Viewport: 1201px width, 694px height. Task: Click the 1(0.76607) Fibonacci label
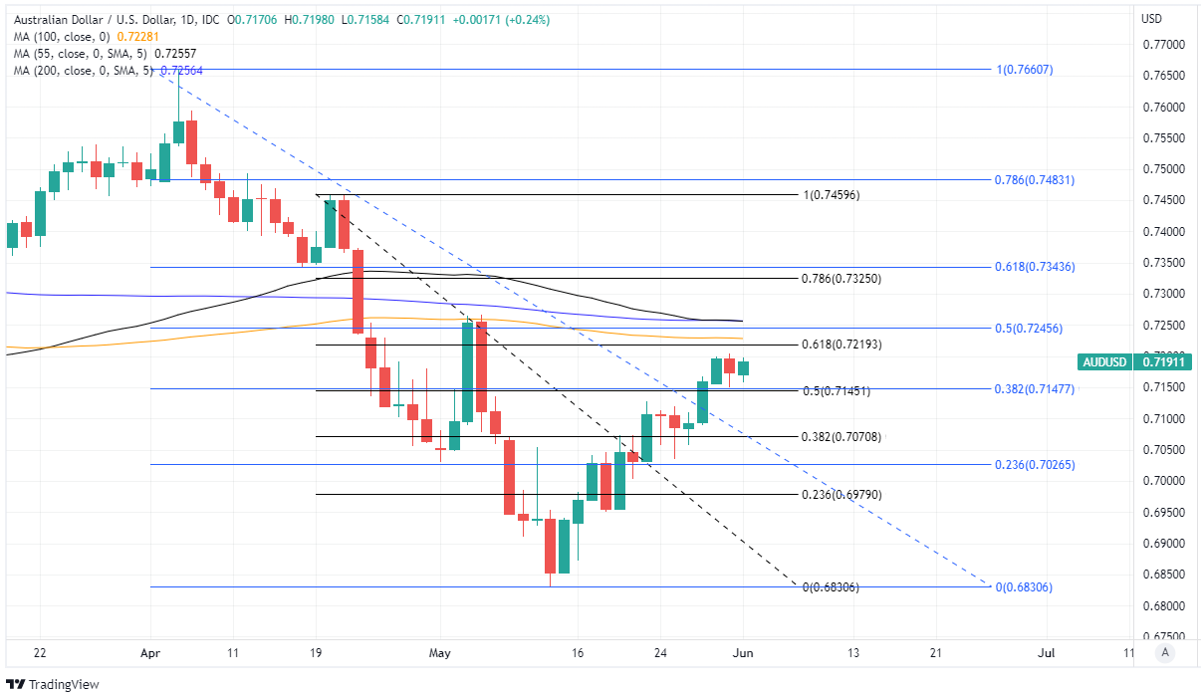(x=1024, y=70)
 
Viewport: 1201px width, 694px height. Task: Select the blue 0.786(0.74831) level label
(x=1034, y=180)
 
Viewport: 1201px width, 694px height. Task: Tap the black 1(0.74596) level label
(x=831, y=195)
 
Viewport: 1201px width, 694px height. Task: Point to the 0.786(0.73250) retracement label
(x=841, y=279)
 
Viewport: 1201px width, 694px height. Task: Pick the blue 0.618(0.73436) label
(x=1034, y=267)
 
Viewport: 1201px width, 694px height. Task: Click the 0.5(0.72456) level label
(x=1031, y=329)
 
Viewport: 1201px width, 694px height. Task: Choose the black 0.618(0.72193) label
(x=841, y=345)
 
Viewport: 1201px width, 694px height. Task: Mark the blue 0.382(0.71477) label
(x=1034, y=389)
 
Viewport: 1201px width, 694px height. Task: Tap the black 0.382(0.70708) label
(x=841, y=437)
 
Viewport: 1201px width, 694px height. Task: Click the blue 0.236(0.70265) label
(x=1034, y=465)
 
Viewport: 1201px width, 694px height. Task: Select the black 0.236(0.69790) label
(x=841, y=495)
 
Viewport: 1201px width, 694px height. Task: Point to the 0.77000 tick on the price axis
(x=1163, y=45)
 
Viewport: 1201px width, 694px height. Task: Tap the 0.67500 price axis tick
(x=1163, y=637)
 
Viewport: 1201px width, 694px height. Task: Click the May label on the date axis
(x=439, y=653)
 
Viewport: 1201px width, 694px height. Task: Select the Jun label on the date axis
(x=743, y=653)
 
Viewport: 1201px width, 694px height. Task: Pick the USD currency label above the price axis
(x=1151, y=19)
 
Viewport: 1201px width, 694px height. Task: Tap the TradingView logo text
(x=58, y=684)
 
